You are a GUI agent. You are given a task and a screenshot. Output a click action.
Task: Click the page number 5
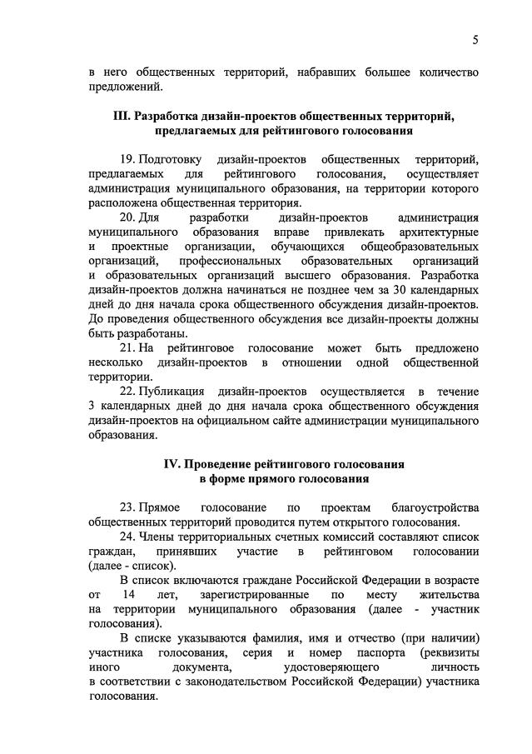pos(475,40)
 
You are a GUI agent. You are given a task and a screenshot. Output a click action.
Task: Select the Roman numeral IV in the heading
pos(173,462)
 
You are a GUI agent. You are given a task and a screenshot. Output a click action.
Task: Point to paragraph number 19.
pos(128,158)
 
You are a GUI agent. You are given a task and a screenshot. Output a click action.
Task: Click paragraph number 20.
pos(128,217)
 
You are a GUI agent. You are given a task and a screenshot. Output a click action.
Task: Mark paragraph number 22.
pos(128,391)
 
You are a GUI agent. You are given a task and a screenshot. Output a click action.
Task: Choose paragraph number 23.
pos(128,507)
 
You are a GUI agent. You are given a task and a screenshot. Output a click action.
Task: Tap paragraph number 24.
pos(128,537)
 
